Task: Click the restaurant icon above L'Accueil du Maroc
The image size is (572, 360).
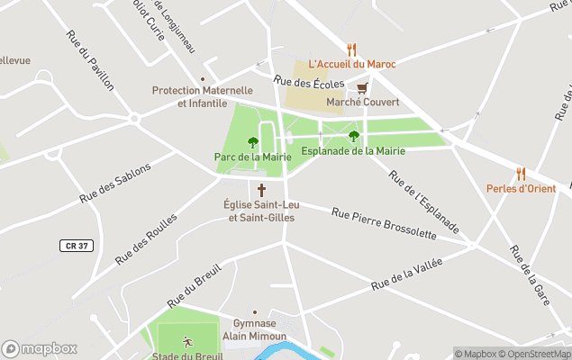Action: pos(351,49)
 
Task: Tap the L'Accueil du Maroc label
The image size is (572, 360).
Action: pos(351,64)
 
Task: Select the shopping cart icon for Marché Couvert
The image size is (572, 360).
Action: pos(362,88)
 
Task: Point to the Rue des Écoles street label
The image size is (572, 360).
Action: pos(310,84)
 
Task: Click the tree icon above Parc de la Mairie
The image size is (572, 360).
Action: pos(252,142)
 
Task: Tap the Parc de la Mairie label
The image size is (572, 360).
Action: pos(252,157)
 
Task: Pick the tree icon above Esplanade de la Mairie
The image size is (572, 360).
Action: pos(353,136)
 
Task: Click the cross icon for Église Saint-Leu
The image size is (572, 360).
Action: pos(262,190)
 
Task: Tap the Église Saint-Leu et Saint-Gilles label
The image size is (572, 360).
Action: pos(261,211)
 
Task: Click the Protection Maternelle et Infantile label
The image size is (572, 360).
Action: pos(202,96)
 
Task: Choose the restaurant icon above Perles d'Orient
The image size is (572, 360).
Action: pos(521,174)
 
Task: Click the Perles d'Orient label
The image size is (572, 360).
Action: pos(521,188)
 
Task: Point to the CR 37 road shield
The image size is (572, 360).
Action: pos(77,245)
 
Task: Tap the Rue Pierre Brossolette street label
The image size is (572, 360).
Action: pos(384,224)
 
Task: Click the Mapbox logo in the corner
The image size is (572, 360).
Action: pos(40,348)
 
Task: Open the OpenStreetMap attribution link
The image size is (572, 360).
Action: pos(535,354)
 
